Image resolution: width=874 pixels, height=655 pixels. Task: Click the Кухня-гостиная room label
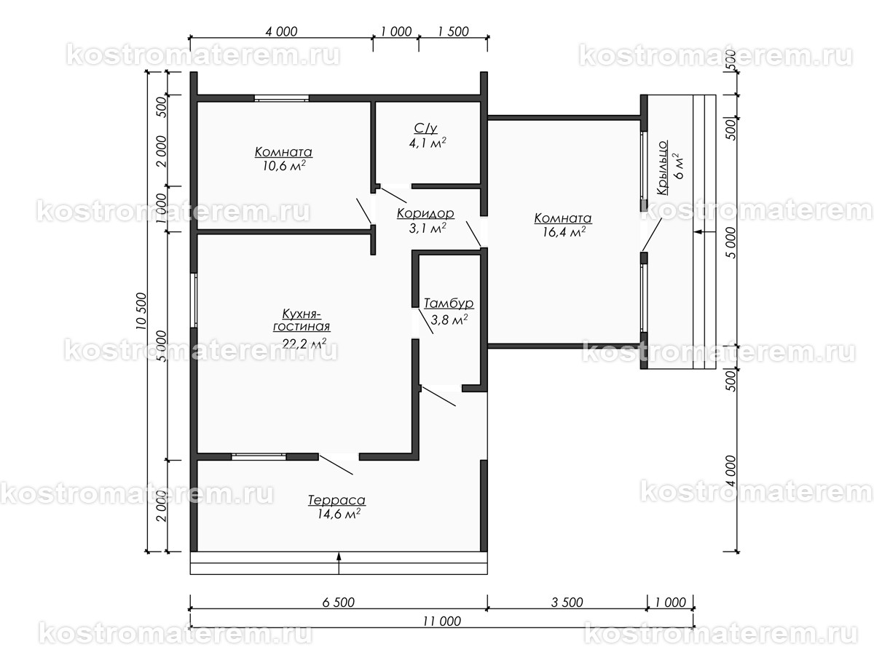pos(302,319)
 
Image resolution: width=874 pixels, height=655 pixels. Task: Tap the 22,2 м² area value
pos(304,344)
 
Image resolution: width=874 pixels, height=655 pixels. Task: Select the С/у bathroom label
pos(425,128)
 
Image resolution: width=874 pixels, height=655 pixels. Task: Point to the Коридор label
pos(425,213)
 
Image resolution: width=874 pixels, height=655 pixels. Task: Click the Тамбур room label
pos(449,303)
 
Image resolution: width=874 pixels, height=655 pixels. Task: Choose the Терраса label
pos(336,500)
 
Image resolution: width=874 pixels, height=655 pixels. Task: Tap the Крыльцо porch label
pos(662,167)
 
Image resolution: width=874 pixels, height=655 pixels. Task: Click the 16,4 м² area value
pos(564,231)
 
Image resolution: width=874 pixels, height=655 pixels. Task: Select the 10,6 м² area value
pos(284,165)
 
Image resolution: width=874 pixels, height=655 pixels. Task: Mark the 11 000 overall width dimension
pos(441,621)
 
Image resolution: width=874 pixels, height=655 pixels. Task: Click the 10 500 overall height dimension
pos(141,311)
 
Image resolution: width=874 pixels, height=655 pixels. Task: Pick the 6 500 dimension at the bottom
pos(339,603)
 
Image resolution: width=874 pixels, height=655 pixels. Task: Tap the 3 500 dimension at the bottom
pos(567,603)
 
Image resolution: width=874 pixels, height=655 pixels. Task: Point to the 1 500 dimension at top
pos(453,31)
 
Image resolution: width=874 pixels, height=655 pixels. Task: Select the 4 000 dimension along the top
pos(281,31)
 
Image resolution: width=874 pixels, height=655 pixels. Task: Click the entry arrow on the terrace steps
pos(339,563)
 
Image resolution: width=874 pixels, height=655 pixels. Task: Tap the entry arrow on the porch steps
pos(704,232)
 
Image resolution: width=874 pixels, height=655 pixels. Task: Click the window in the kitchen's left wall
pos(194,301)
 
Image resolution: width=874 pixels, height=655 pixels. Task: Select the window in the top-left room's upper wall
pos(282,98)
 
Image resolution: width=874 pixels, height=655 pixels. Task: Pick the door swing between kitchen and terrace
pos(336,465)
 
